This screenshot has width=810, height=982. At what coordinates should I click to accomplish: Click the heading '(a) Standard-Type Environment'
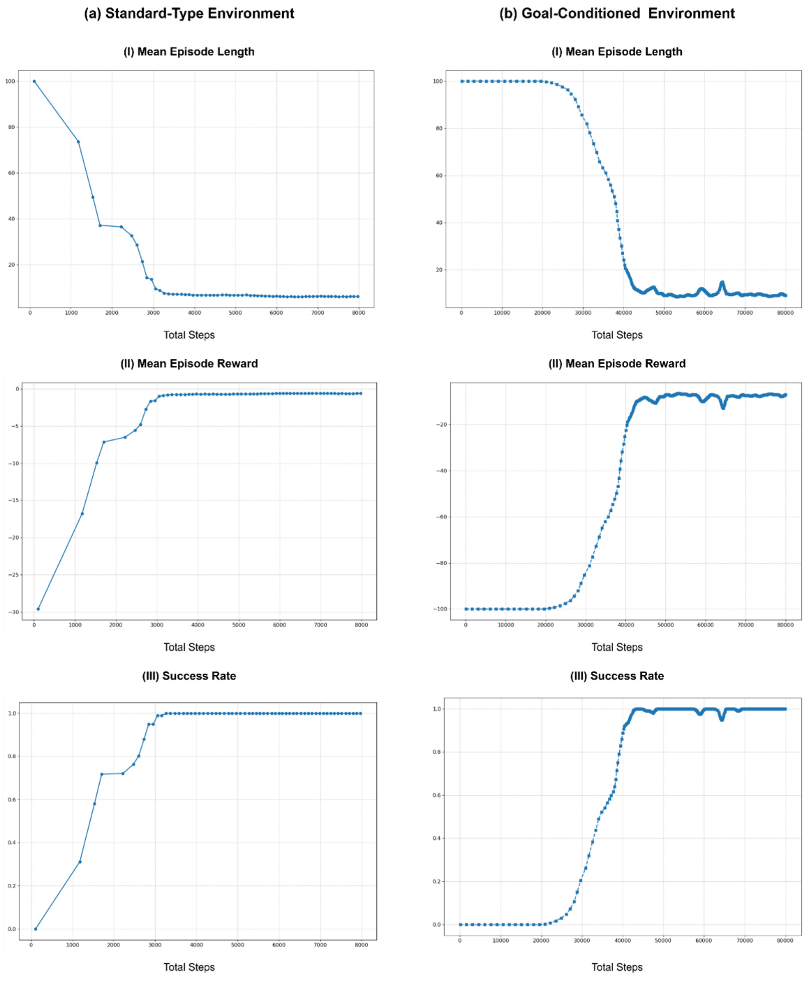(x=189, y=14)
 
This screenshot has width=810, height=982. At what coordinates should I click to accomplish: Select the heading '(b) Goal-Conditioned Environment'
(x=617, y=14)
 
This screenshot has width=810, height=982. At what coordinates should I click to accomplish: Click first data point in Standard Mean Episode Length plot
(x=34, y=81)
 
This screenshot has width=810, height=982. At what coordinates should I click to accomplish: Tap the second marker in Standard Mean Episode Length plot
(x=78, y=142)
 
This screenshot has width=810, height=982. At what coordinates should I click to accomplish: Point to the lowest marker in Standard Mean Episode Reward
(x=38, y=609)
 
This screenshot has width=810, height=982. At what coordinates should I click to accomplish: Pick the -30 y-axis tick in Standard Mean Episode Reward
(x=16, y=612)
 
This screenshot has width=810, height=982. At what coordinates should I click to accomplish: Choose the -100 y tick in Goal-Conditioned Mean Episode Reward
(x=441, y=609)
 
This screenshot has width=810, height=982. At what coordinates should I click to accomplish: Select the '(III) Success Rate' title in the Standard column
(x=189, y=676)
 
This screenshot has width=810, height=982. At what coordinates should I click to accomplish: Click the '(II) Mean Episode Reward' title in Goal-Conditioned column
(x=617, y=364)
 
